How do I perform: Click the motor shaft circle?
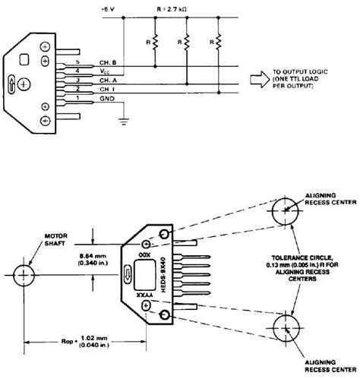25,273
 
